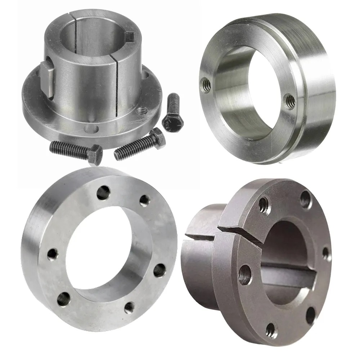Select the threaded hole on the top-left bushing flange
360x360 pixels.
coord(141,111)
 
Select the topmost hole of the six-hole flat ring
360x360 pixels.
coord(103,193)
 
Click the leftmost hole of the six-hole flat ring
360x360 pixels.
coord(53,254)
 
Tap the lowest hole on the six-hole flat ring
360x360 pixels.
coord(129,307)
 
